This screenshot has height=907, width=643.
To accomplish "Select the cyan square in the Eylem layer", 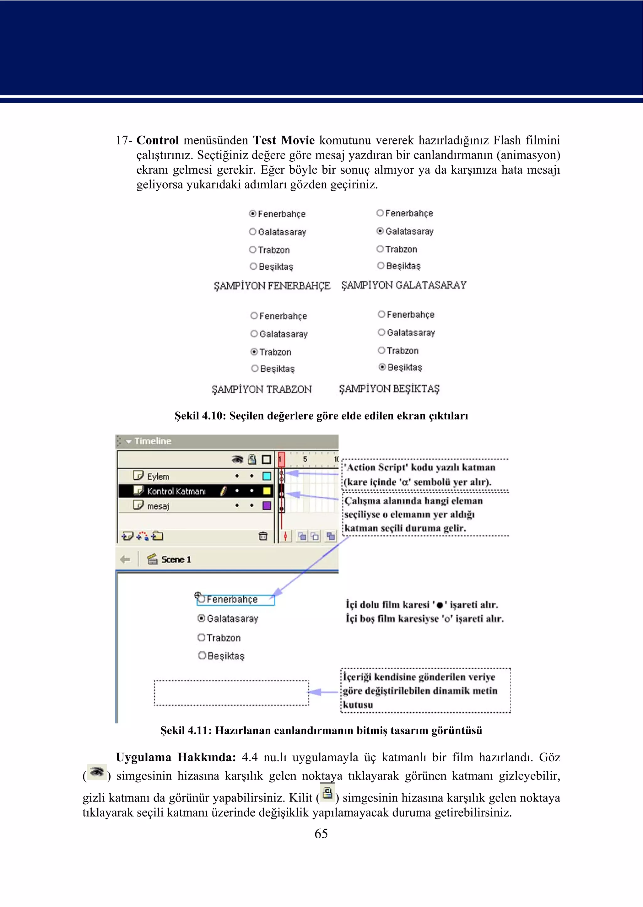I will tap(267, 476).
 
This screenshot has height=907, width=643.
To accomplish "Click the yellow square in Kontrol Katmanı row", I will tap(267, 491).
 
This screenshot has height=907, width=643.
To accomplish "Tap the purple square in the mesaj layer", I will tap(267, 505).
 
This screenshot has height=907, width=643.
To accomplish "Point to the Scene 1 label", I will tap(176, 559).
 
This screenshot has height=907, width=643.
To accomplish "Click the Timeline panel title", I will tap(153, 441).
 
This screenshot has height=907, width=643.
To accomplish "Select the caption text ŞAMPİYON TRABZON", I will tap(262, 389).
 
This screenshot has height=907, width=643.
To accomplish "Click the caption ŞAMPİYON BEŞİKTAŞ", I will tap(389, 388).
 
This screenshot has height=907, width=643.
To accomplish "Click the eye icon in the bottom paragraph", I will tap(97, 772).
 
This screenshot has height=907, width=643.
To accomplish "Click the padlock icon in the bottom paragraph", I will tap(327, 793).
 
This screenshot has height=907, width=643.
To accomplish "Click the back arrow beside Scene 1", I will tap(125, 559).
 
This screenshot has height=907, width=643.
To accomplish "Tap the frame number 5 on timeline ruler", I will tap(305, 459).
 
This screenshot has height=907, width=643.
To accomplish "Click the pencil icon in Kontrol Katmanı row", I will tap(223, 491).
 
